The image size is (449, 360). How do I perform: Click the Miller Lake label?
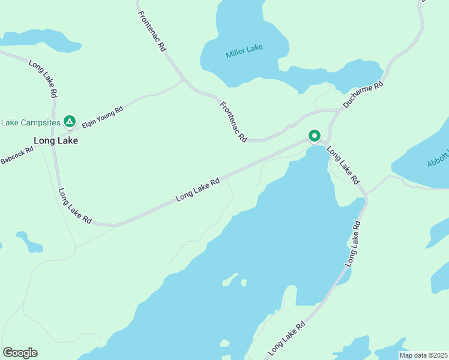[244, 52]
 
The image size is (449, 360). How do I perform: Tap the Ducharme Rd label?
[363, 95]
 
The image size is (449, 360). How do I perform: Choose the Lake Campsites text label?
[31, 122]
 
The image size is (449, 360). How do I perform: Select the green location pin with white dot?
[314, 136]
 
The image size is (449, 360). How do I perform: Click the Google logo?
[20, 353]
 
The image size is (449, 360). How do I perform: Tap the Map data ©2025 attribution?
[423, 355]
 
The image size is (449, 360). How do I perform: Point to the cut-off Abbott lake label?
[439, 157]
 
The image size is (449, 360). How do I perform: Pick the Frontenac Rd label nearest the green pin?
[233, 121]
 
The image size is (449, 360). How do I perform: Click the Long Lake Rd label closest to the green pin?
[343, 164]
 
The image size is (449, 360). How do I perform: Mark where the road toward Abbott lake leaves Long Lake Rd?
[367, 193]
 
